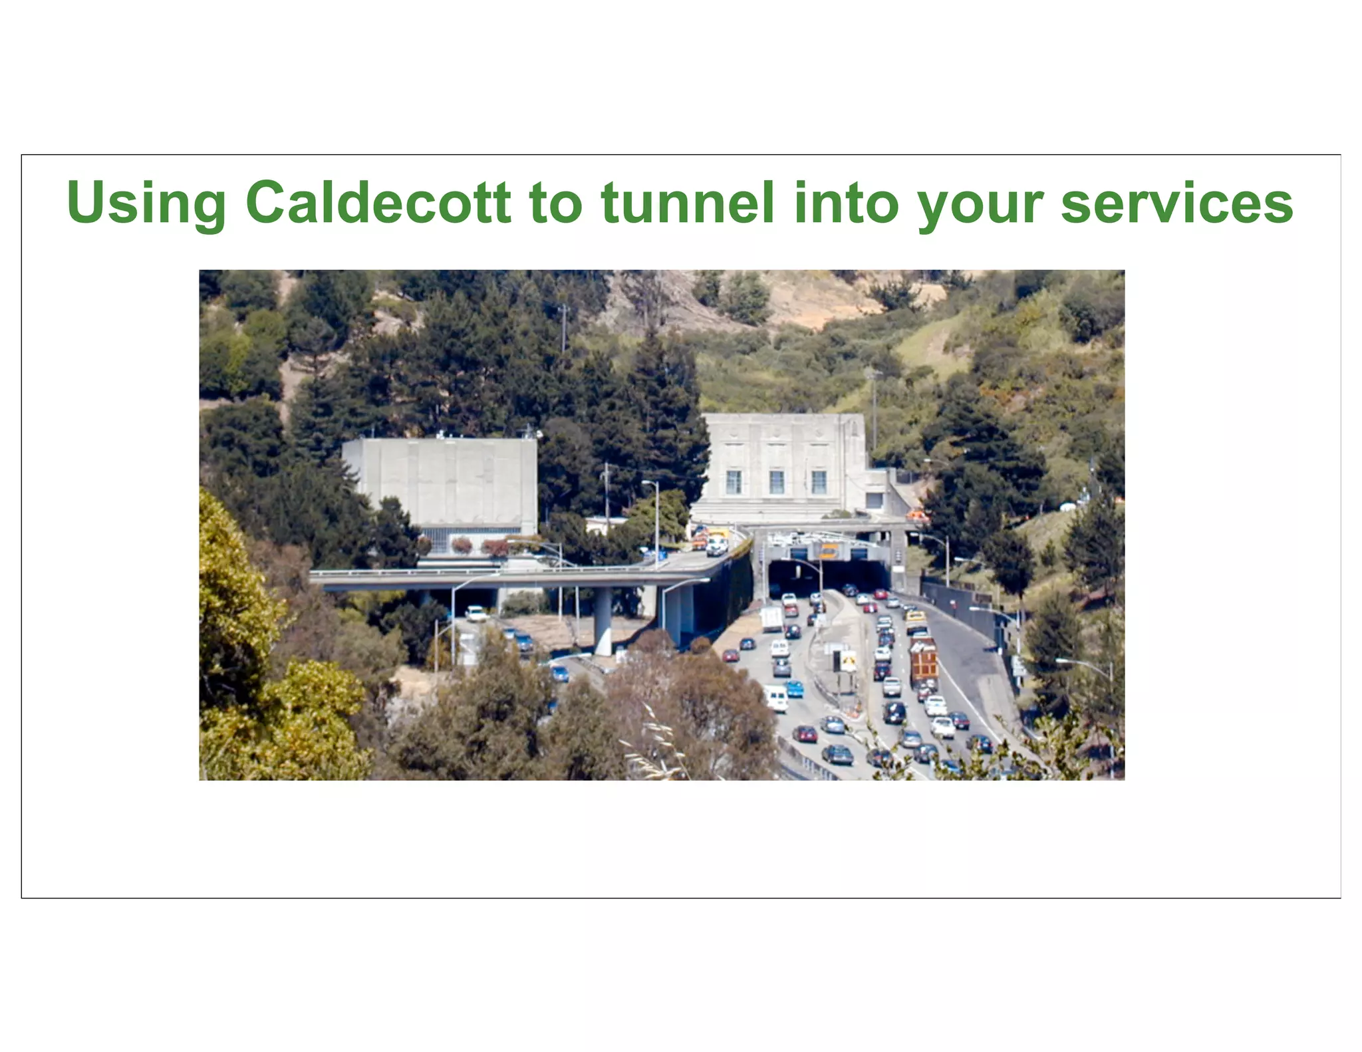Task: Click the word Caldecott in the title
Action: [x=378, y=202]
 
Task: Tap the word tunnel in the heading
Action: [x=687, y=202]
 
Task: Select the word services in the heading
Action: [x=1176, y=203]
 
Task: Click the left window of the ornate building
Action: [x=734, y=481]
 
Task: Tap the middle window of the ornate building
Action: [x=776, y=481]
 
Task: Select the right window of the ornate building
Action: [x=819, y=481]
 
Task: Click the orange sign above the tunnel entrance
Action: [x=829, y=551]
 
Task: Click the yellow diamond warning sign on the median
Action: [x=848, y=660]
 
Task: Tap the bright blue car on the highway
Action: [x=794, y=688]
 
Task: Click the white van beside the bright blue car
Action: [x=775, y=698]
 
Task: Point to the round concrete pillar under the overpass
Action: [x=603, y=622]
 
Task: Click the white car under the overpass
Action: [x=476, y=612]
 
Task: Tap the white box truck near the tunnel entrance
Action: [x=771, y=618]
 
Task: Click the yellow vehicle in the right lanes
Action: [x=916, y=620]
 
